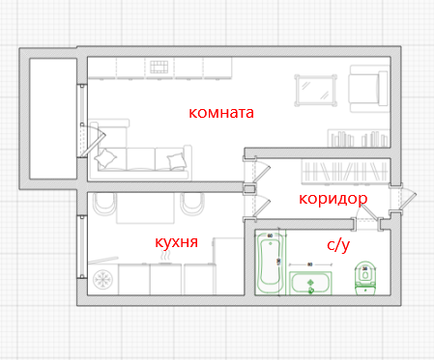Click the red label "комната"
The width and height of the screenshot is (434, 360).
pyautogui.click(x=221, y=113)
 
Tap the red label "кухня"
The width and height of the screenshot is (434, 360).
pyautogui.click(x=176, y=242)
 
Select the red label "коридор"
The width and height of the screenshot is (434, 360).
pyautogui.click(x=333, y=199)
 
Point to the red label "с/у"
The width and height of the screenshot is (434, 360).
pyautogui.click(x=338, y=245)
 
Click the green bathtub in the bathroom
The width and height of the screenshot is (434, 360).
pyautogui.click(x=270, y=263)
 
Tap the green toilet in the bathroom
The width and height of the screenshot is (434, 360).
pyautogui.click(x=365, y=278)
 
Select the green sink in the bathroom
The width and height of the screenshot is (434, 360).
pyautogui.click(x=310, y=283)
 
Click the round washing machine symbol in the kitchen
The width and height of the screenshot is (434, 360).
pyautogui.click(x=102, y=279)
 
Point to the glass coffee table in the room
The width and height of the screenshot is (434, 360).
pyautogui.click(x=316, y=91)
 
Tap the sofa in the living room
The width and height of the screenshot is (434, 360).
pyautogui.click(x=142, y=159)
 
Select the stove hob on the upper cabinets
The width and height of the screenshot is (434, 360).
pyautogui.click(x=159, y=67)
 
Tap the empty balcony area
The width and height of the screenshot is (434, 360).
pyautogui.click(x=53, y=119)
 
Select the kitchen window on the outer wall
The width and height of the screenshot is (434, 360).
pyautogui.click(x=82, y=247)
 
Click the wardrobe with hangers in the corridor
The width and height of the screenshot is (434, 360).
pyautogui.click(x=345, y=171)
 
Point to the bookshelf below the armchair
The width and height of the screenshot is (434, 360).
pyautogui.click(x=359, y=138)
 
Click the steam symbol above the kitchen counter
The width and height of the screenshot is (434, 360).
pyautogui.click(x=165, y=256)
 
